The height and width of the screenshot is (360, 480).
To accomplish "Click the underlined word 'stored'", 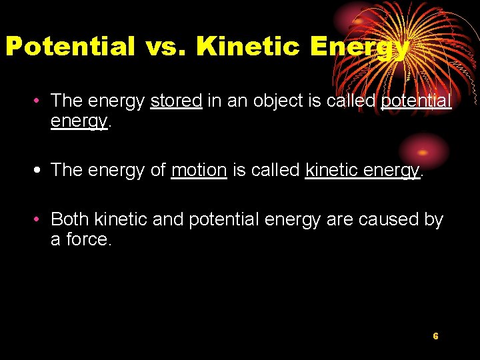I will tap(176, 101).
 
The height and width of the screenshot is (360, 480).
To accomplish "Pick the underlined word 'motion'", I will tap(199, 170).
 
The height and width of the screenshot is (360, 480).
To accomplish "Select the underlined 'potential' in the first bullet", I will tap(415, 101).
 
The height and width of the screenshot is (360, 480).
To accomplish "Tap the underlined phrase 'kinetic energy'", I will tap(363, 171).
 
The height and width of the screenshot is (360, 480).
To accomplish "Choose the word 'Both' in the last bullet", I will tap(70, 219).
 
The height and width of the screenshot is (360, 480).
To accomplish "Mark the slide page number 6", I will tap(435, 336).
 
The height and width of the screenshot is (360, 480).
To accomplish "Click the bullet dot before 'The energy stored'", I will tap(41, 101).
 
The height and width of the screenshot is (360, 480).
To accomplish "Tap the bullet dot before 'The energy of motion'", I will tap(41, 171).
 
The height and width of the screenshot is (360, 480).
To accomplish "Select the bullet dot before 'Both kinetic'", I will tap(41, 220).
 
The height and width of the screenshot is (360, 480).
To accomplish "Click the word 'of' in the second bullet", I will tap(158, 170).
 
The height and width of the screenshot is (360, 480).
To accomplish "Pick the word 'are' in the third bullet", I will tap(339, 219).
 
